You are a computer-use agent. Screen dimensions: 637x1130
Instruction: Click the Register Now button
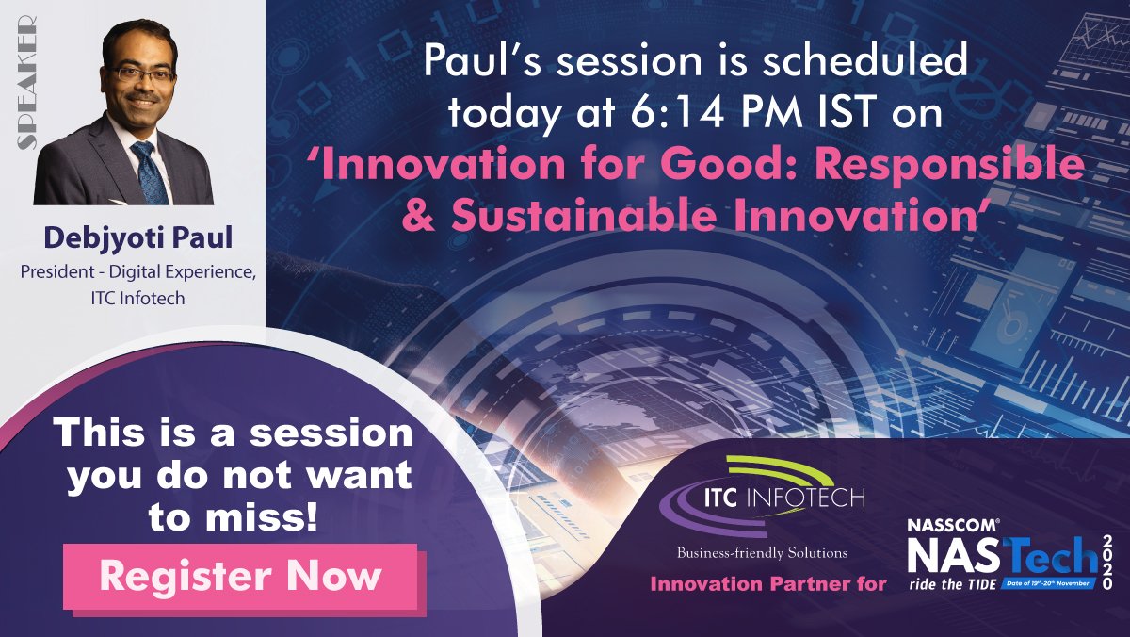(x=240, y=576)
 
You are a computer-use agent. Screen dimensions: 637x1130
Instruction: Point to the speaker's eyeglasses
(x=140, y=73)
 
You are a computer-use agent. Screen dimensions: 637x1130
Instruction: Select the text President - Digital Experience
(x=134, y=271)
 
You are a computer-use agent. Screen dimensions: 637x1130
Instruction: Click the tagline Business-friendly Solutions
(x=762, y=552)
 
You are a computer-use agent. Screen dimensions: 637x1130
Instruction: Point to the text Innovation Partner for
(x=767, y=584)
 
